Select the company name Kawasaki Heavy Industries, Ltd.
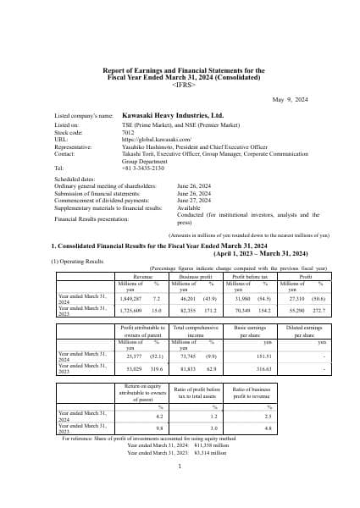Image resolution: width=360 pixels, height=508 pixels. point(173,114)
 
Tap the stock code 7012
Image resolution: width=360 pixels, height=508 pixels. point(130,132)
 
